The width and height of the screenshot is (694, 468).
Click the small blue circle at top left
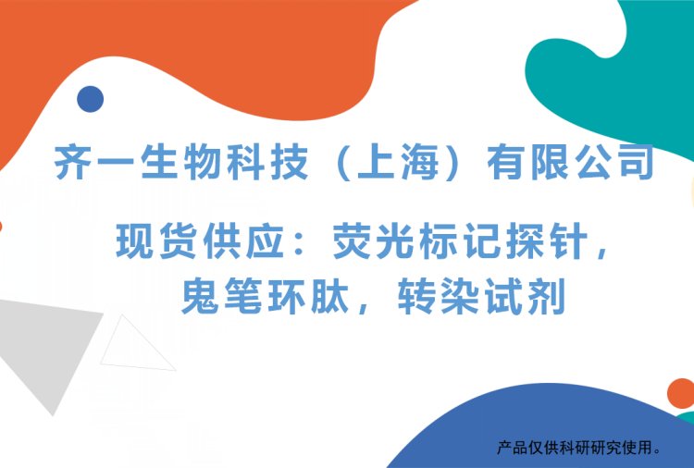(90, 99)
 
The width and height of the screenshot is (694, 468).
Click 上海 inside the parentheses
(398, 163)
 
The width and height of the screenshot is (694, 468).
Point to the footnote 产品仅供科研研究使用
(580, 449)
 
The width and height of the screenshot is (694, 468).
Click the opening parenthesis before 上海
(337, 163)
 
